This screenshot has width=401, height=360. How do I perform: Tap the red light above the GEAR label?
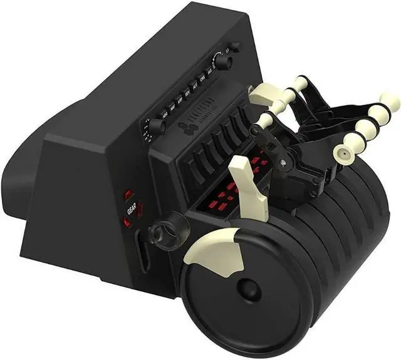click(x=128, y=195)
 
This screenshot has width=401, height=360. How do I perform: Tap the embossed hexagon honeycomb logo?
click(x=189, y=128)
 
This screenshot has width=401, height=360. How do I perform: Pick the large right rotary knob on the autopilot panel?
click(x=222, y=61)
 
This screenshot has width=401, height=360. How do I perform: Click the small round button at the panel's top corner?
click(x=234, y=47)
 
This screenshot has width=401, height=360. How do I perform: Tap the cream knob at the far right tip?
click(x=390, y=101)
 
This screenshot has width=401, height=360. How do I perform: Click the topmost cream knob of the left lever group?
click(x=300, y=83)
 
